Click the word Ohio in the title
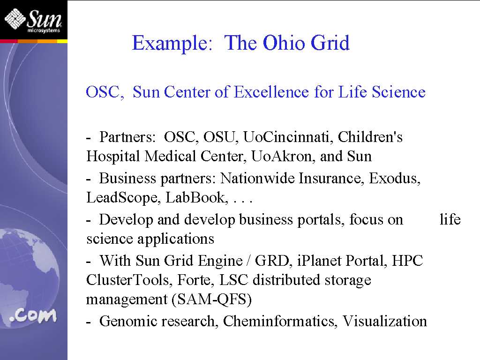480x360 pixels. point(284,43)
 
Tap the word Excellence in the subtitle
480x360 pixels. point(271,92)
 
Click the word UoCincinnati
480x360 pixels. point(288,137)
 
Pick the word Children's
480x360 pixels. point(370,137)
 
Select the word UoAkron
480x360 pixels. point(283,156)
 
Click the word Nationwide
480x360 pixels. point(257,178)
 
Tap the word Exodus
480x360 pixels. point(395,178)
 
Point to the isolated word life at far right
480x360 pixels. point(450,219)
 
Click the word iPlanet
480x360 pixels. point(319,261)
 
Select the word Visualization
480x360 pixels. point(384,321)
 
